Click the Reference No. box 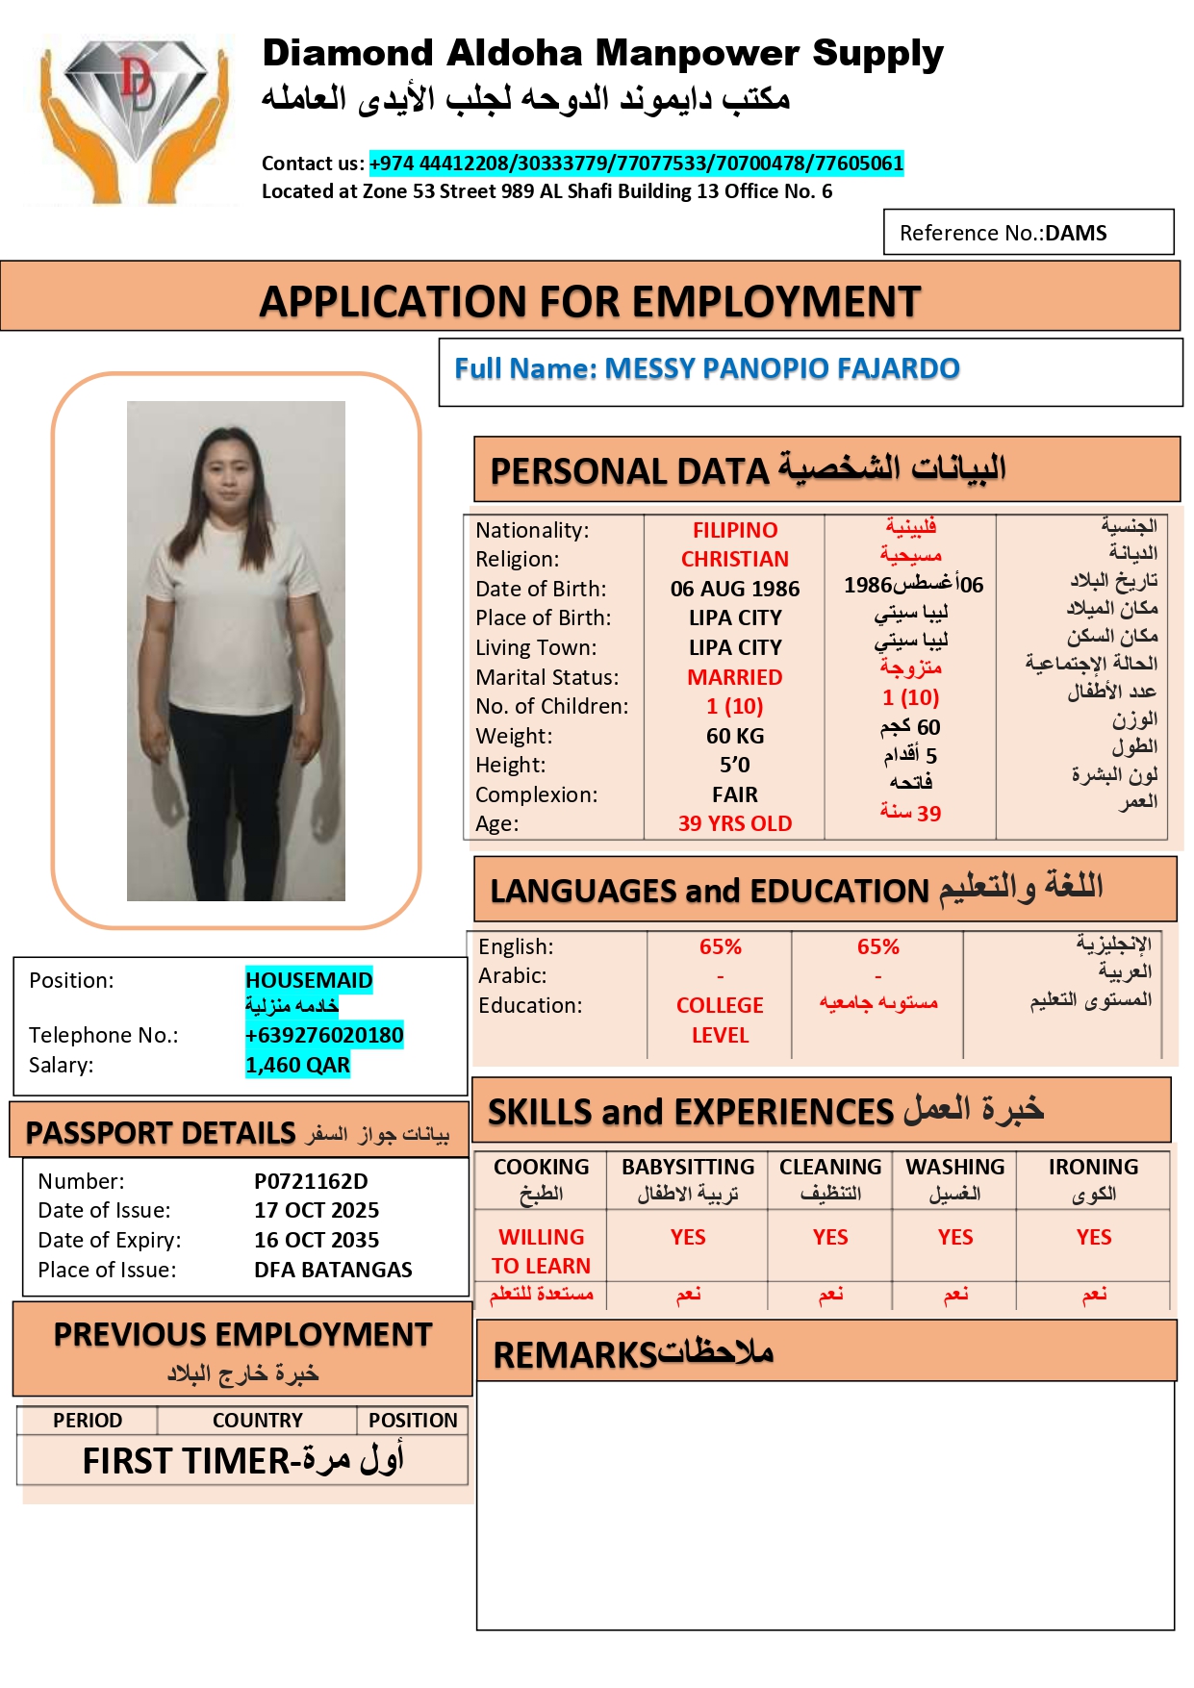pos(1028,233)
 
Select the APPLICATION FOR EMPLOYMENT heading pos(590,301)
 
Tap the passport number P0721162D pos(311,1181)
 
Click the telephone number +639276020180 pos(324,1035)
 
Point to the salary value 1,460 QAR pos(297,1065)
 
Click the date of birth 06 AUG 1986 pos(735,589)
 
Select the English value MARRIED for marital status pos(735,677)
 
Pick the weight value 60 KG pos(735,736)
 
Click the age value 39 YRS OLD pos(735,823)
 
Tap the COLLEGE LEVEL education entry pos(720,1020)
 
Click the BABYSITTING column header pos(688,1167)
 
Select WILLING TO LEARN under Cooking pos(541,1251)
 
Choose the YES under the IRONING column pos(1094,1237)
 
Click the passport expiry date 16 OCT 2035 pos(317,1240)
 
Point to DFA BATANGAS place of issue pos(333,1270)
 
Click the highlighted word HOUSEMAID pos(309,980)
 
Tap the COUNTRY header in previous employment pos(257,1421)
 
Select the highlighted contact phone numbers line pos(636,164)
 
